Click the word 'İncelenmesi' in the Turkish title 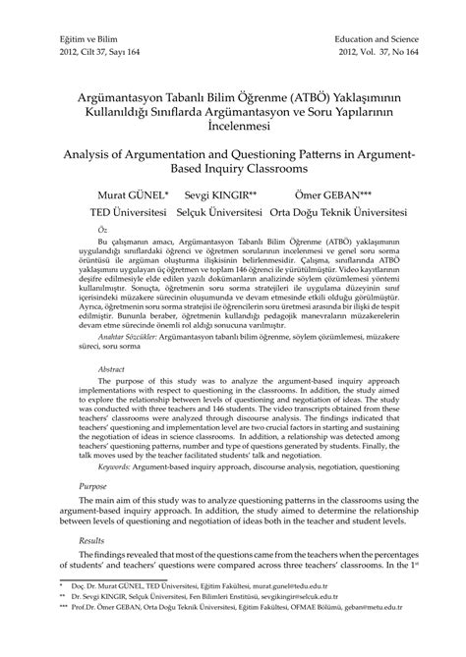[233, 126]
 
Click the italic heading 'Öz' [90, 227]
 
